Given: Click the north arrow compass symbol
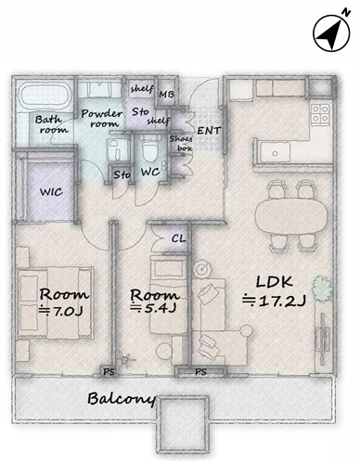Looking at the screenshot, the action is click(x=332, y=33).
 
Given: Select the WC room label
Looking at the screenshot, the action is click(x=150, y=172).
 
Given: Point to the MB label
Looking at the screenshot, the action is click(x=166, y=95).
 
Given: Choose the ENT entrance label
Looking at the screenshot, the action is click(x=209, y=131).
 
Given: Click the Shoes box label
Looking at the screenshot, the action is click(x=181, y=144).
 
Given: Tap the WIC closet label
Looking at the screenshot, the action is click(x=51, y=192).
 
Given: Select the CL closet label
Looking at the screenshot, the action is click(x=178, y=238).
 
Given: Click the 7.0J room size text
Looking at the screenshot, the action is click(x=61, y=311).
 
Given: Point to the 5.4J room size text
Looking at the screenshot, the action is click(x=153, y=308).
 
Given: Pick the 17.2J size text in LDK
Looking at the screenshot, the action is click(x=274, y=301).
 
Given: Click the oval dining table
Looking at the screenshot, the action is click(x=291, y=215).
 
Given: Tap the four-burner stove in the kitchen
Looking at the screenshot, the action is click(x=320, y=114).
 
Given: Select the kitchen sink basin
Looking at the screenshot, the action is click(x=275, y=152).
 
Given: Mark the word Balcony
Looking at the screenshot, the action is click(x=122, y=399).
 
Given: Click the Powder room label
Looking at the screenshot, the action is click(x=101, y=119).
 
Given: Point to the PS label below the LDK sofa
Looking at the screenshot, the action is click(x=200, y=371).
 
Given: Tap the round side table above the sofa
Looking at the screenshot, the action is click(x=202, y=268).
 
